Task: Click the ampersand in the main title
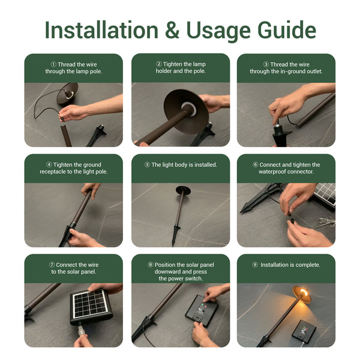[x=172, y=30]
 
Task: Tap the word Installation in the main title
[x=101, y=30]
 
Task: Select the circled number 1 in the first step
[x=53, y=64]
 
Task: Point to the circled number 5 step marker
[x=147, y=164]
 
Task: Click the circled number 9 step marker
[x=255, y=265]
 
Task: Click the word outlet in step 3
[x=315, y=71]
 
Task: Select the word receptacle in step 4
[x=53, y=172]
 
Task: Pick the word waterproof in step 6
[x=272, y=172]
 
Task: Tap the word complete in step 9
[x=308, y=265]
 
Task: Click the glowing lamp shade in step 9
[x=302, y=295]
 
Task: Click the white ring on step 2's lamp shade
[x=189, y=109]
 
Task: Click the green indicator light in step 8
[x=202, y=305]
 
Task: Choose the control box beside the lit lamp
[x=304, y=331]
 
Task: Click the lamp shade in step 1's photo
[x=67, y=94]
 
